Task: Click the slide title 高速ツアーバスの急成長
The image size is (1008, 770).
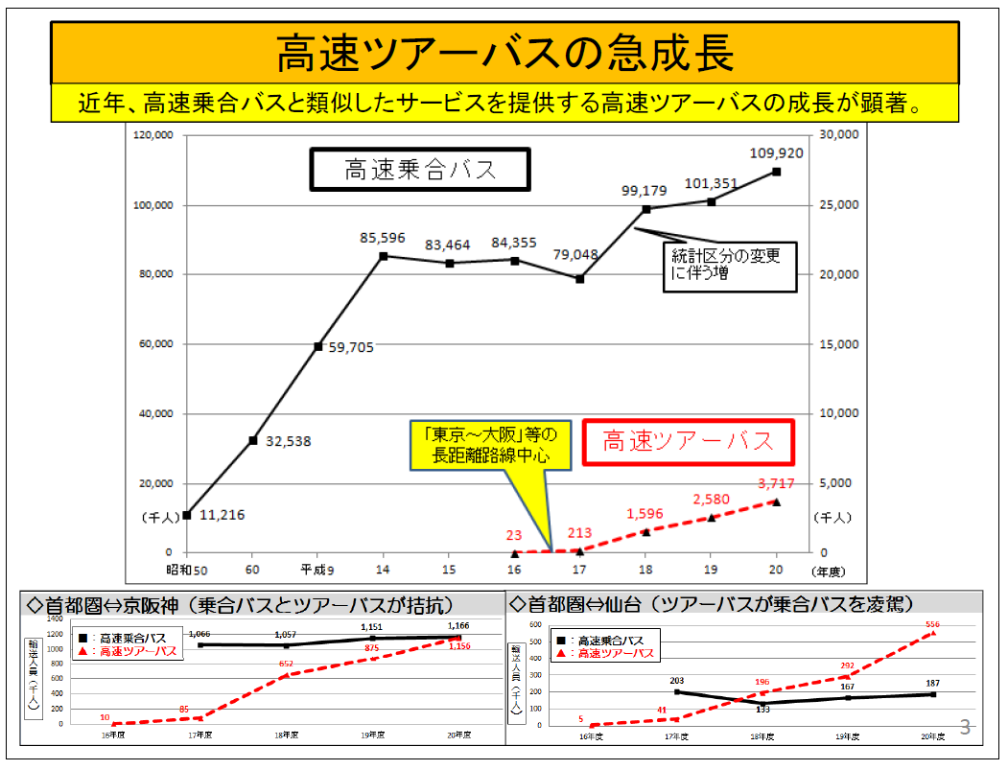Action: pos(504,53)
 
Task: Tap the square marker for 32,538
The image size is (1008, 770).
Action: pos(253,440)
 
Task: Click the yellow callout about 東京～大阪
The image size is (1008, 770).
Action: pos(491,446)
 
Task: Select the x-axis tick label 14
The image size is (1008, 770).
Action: pos(384,571)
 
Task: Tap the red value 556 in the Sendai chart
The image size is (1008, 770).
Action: pos(931,623)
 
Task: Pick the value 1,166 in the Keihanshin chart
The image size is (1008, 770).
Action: pos(457,626)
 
